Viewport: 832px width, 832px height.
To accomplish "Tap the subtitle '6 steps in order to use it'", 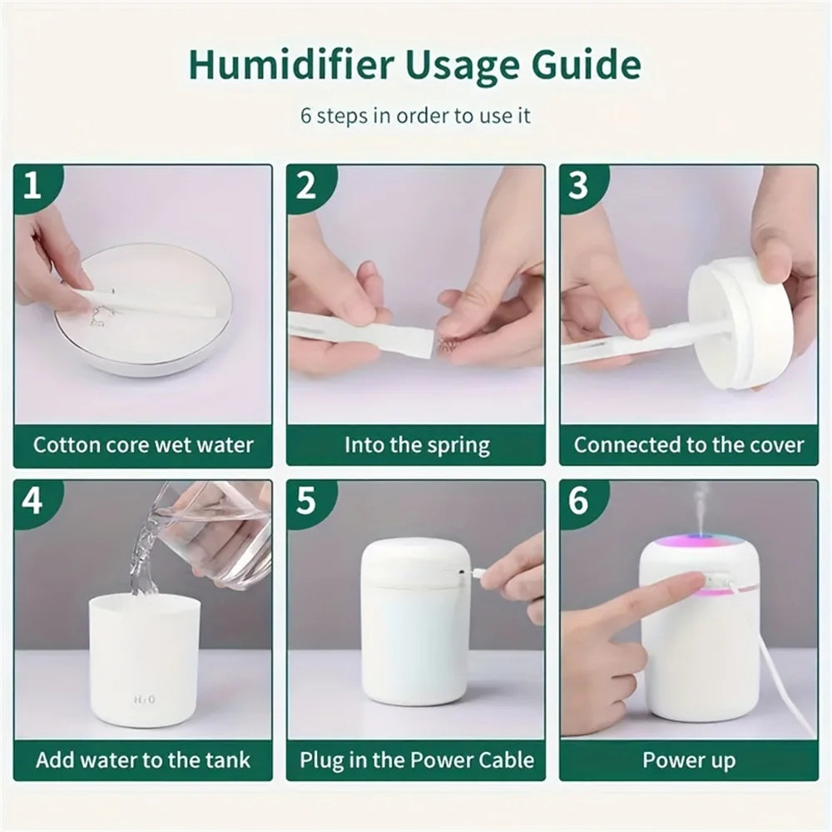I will click(415, 115).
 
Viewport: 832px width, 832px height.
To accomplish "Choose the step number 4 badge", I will click(33, 502).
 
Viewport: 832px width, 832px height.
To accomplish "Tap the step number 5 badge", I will click(306, 502).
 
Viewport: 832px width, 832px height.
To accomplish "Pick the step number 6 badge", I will click(579, 502).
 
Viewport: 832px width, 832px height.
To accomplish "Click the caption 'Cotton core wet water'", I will click(143, 444).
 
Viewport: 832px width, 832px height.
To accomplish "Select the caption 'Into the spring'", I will click(416, 444).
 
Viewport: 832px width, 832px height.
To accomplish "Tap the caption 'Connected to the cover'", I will click(689, 444).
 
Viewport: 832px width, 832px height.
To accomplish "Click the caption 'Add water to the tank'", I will click(143, 760).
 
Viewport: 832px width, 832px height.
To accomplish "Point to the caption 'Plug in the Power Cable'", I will click(416, 760).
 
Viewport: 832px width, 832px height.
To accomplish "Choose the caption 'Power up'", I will click(689, 760).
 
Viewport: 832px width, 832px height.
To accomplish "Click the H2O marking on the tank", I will click(144, 700).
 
